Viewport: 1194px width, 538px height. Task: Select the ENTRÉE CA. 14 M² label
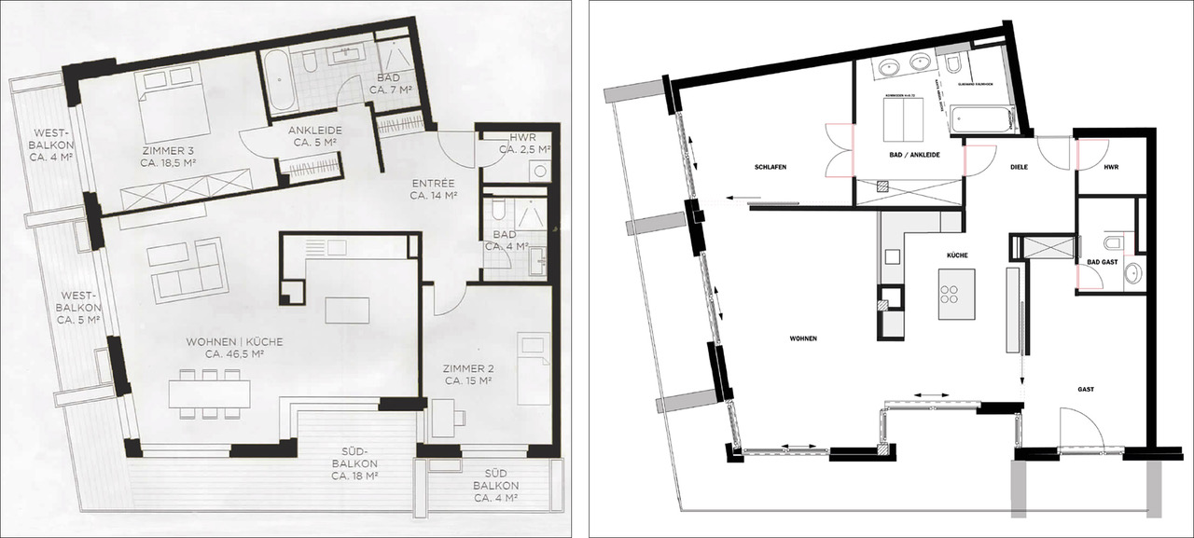pyautogui.click(x=432, y=189)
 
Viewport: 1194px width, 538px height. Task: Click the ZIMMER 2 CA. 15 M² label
pyautogui.click(x=469, y=374)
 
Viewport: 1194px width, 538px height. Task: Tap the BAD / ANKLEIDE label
pyautogui.click(x=909, y=154)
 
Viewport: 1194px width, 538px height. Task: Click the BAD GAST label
pyautogui.click(x=1102, y=263)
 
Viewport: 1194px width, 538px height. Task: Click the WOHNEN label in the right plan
pyautogui.click(x=803, y=338)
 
